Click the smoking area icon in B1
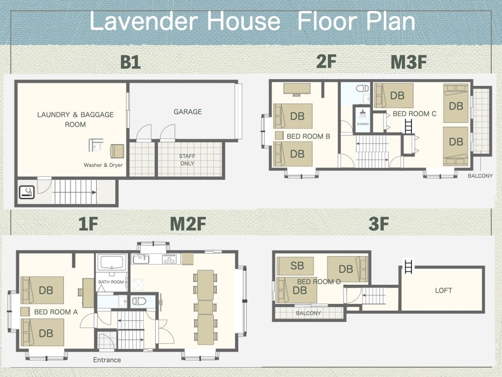tap(26, 192)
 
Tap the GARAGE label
tap(187, 112)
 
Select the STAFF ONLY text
tap(187, 160)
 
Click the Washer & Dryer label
tap(103, 165)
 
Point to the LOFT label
tap(443, 291)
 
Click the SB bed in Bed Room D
tap(295, 266)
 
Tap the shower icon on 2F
tap(363, 113)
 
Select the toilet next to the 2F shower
tap(362, 89)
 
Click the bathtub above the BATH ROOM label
tap(112, 263)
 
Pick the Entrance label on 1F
tap(107, 360)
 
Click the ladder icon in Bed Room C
tap(408, 126)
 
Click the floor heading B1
tap(130, 62)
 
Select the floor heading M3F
tap(408, 62)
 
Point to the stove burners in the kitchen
tap(170, 259)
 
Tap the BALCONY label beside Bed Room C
tap(480, 176)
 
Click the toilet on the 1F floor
tap(139, 301)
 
